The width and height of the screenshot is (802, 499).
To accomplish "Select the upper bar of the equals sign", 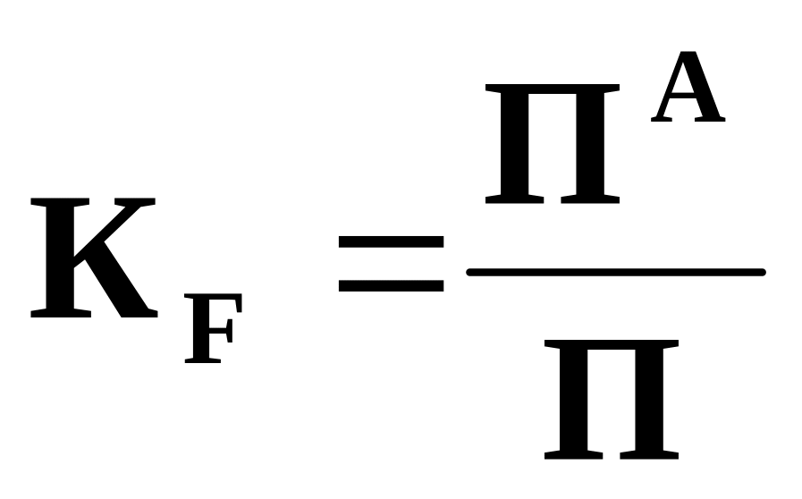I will point(391,241).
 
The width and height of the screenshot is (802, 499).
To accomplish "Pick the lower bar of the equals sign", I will point(391,285).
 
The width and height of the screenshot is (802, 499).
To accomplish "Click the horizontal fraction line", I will point(615,272).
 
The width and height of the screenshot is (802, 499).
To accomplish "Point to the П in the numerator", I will point(552,143).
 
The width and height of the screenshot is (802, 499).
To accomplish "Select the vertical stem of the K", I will point(61,259).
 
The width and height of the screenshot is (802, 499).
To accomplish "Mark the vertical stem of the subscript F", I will point(196,334).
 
